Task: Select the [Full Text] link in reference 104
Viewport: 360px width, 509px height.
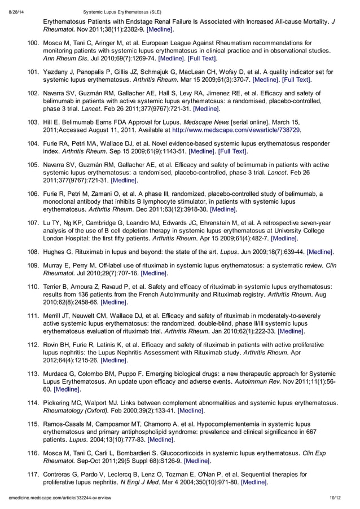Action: pos(230,151)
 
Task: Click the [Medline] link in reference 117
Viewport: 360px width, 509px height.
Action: pos(254,482)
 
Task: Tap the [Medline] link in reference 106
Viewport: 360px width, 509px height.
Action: pos(223,209)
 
